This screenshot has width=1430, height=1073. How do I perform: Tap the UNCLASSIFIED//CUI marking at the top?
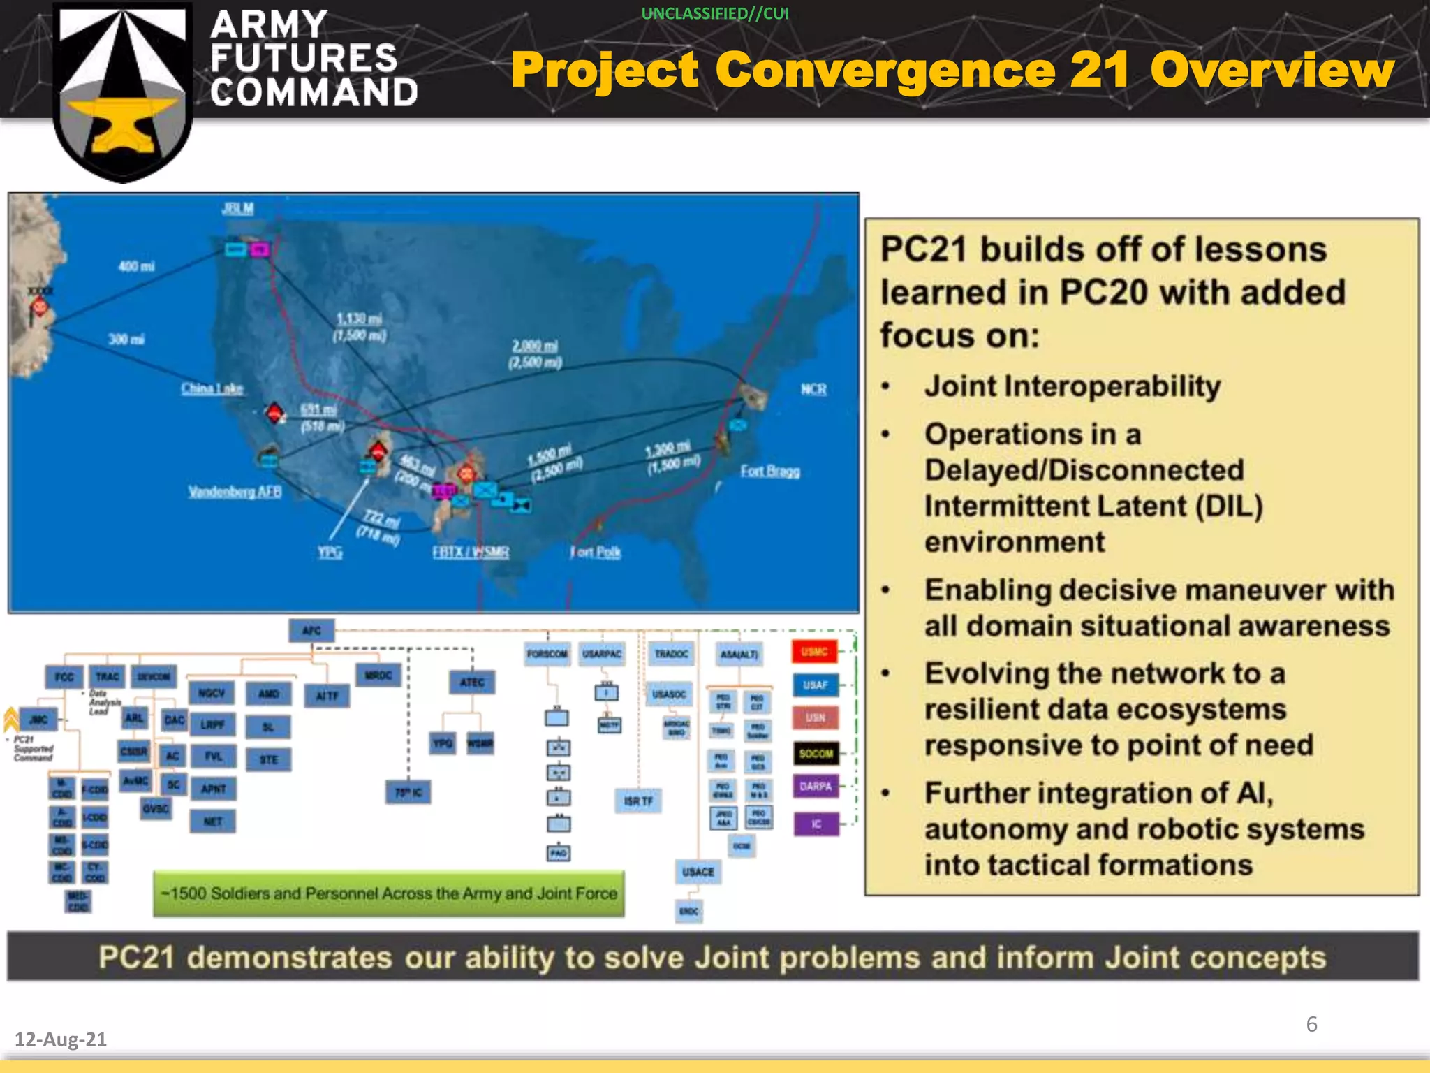(715, 14)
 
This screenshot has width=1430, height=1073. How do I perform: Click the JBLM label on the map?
(238, 208)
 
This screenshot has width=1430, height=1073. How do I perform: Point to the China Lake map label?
(212, 388)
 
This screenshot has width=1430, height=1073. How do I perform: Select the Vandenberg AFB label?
(235, 492)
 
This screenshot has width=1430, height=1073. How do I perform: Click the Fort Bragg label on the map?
(770, 471)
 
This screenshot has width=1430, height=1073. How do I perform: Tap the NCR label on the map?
(813, 389)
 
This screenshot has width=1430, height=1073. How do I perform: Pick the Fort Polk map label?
(596, 552)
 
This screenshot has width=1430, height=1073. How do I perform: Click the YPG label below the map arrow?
(330, 552)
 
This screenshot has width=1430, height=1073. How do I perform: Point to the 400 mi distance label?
(137, 266)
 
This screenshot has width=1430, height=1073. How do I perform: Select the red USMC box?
(814, 652)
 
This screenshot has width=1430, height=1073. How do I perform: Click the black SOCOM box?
(816, 753)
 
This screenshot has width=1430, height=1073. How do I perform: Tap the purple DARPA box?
(816, 787)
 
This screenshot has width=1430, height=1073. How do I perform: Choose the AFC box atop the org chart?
(311, 630)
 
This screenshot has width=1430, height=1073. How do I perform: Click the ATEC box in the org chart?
(472, 682)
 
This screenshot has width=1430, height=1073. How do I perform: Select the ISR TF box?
(638, 801)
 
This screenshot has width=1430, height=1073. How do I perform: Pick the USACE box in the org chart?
(698, 872)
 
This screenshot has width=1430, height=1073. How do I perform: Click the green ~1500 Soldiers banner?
(389, 893)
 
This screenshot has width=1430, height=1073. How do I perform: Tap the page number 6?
(1311, 1024)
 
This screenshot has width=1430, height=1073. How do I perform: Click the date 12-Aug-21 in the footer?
(61, 1039)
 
